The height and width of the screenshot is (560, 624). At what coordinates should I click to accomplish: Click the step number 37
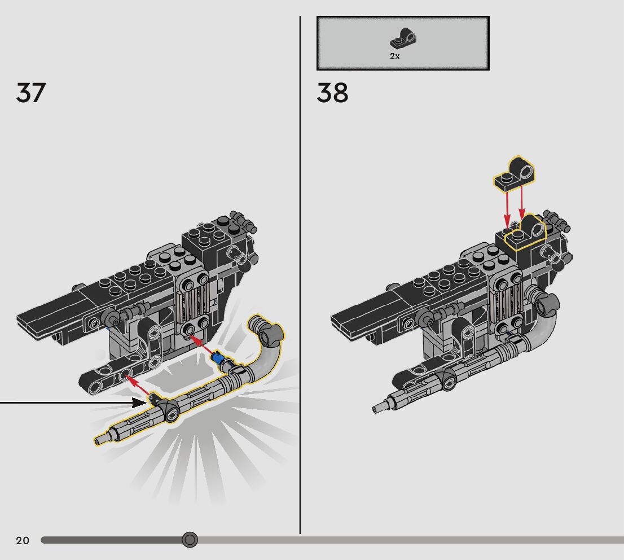coord(30,93)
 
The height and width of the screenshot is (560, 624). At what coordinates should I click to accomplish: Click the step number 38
coord(332,93)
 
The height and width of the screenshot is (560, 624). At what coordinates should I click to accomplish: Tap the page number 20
coord(23,541)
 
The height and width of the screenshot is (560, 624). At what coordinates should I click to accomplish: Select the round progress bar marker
coord(190,540)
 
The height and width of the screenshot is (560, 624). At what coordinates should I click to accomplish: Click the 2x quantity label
coord(395,56)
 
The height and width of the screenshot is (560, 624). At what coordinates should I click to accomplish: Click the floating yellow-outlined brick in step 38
coord(515,174)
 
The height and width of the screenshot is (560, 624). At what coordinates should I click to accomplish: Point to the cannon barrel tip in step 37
coord(100,440)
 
